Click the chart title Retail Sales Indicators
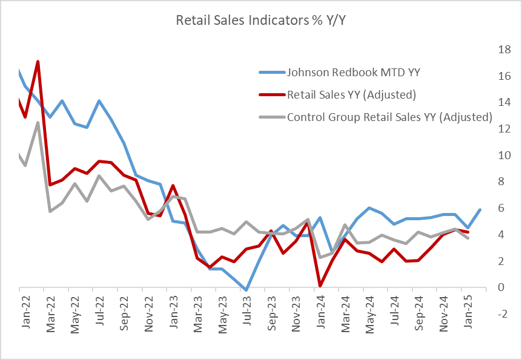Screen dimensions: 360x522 point(260,21)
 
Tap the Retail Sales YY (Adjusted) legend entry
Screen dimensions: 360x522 point(351,94)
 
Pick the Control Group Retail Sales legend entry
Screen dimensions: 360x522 point(389,117)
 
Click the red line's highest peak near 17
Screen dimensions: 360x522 point(38,62)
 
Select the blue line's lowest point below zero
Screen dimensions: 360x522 point(246,290)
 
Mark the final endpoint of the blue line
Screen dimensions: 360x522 point(480,209)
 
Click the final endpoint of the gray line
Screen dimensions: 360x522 point(467,238)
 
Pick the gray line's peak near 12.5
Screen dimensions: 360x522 point(38,123)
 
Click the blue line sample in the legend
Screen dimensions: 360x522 point(270,73)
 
